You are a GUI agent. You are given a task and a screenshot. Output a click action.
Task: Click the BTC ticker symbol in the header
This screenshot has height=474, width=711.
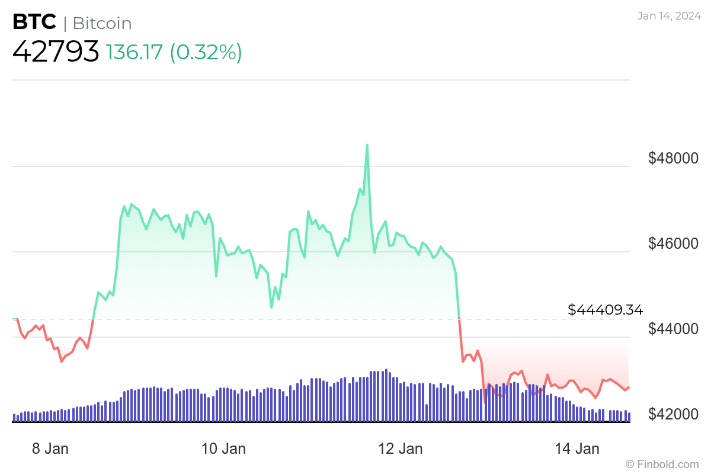34,23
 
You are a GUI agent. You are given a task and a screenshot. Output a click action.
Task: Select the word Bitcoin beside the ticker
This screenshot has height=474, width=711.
102,23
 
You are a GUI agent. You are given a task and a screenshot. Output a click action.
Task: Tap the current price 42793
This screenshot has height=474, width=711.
56,52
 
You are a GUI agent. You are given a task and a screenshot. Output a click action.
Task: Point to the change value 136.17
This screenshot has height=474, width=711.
134,52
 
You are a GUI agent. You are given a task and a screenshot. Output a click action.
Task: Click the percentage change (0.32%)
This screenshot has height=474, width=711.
206,52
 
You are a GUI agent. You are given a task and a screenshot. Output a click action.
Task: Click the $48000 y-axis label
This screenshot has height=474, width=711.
673,158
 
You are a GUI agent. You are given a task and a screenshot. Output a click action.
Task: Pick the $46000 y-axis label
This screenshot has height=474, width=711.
673,244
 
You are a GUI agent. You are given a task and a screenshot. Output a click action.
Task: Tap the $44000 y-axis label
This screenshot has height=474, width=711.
673,329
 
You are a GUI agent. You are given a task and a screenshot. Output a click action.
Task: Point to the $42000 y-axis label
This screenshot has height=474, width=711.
673,414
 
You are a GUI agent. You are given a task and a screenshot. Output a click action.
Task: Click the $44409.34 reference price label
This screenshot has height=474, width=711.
605,309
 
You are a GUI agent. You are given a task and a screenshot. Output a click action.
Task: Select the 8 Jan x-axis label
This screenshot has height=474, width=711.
50,449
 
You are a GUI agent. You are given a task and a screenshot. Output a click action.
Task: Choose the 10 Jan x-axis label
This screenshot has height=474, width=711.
224,449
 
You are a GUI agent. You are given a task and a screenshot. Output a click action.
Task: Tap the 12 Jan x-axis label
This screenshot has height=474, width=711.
401,449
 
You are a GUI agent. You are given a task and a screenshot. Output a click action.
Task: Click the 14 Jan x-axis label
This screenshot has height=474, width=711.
578,449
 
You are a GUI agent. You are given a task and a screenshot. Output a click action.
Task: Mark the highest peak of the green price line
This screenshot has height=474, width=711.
367,145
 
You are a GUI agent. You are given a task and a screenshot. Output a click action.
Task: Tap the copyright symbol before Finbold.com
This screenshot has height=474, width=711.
630,464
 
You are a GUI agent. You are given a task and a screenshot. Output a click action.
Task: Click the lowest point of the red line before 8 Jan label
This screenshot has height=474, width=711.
62,361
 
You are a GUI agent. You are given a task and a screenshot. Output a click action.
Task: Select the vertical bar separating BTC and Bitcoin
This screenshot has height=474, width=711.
65,23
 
